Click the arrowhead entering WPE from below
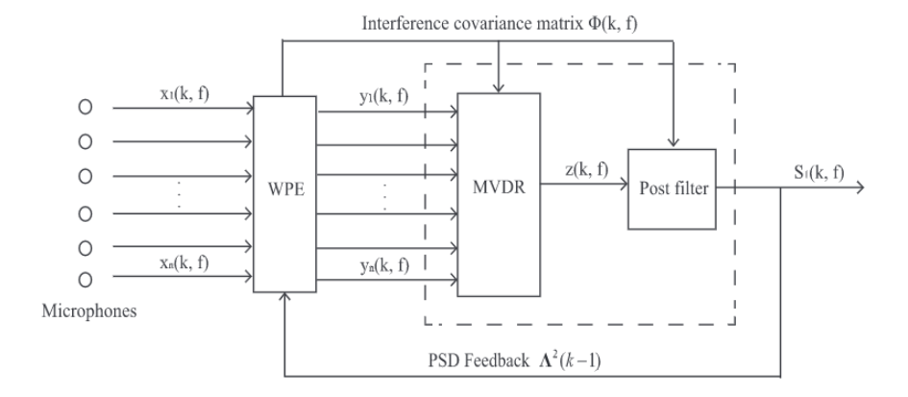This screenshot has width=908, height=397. [x=285, y=299]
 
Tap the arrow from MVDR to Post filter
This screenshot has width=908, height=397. [x=587, y=188]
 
